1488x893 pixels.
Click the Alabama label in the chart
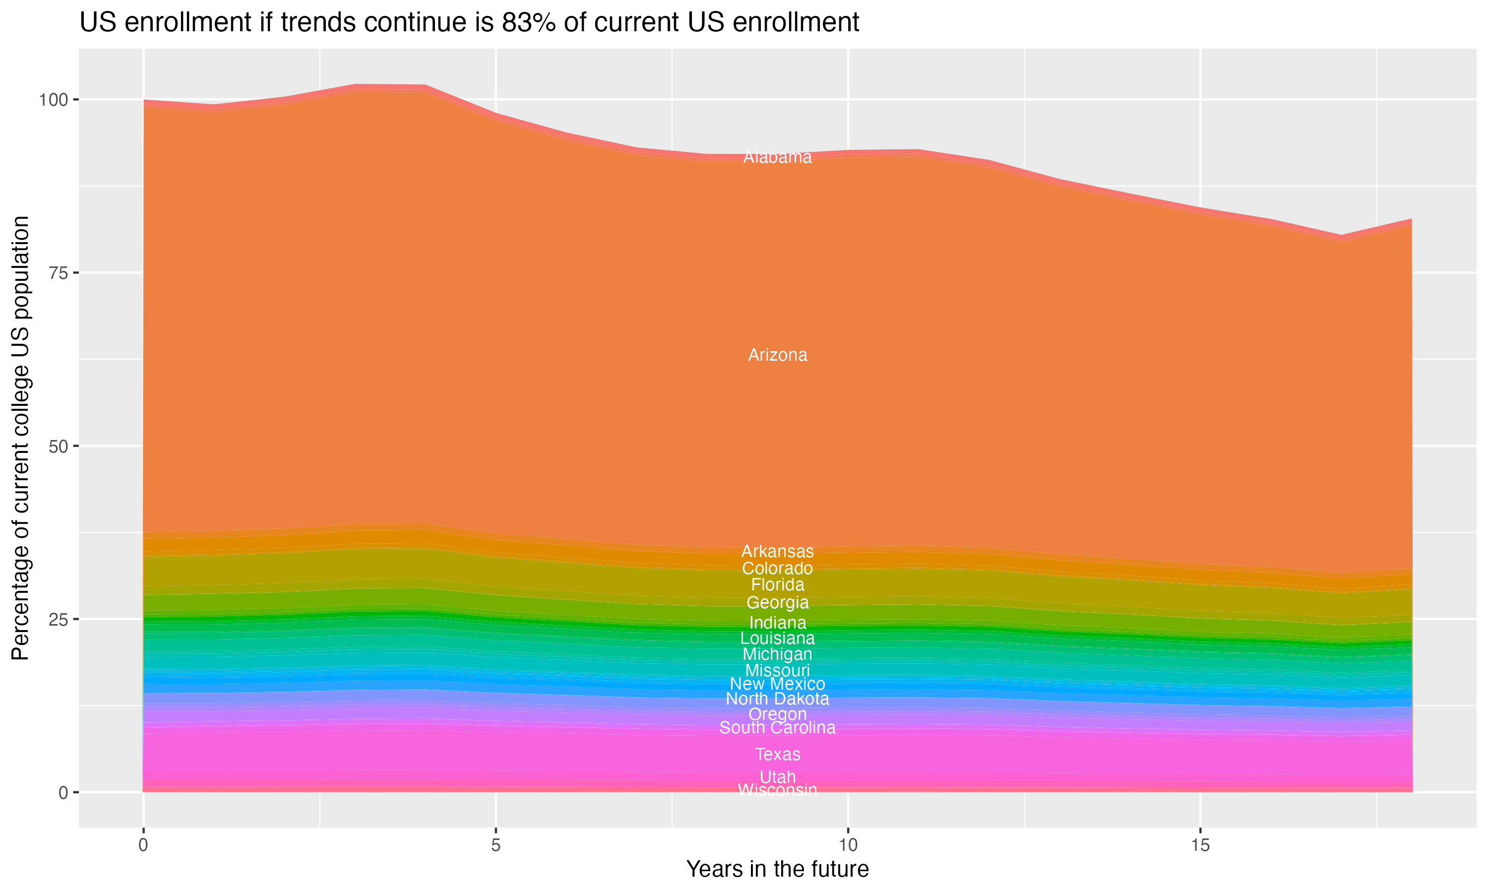[777, 158]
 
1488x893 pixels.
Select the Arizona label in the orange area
[777, 355]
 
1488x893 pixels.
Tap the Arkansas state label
[777, 551]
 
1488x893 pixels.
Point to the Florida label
[777, 585]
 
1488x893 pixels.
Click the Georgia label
[777, 602]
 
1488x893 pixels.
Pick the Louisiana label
[777, 638]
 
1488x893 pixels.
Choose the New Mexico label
[777, 684]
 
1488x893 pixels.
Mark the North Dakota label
[777, 699]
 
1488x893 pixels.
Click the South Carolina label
[777, 727]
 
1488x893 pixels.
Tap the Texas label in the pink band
[777, 754]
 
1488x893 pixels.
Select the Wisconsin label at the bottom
[777, 789]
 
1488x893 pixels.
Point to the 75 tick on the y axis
[57, 272]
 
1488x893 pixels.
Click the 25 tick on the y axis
[57, 619]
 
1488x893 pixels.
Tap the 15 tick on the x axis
[1200, 845]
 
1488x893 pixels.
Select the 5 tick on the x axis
[495, 845]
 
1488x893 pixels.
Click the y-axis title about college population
[21, 438]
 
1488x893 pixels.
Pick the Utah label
[777, 777]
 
